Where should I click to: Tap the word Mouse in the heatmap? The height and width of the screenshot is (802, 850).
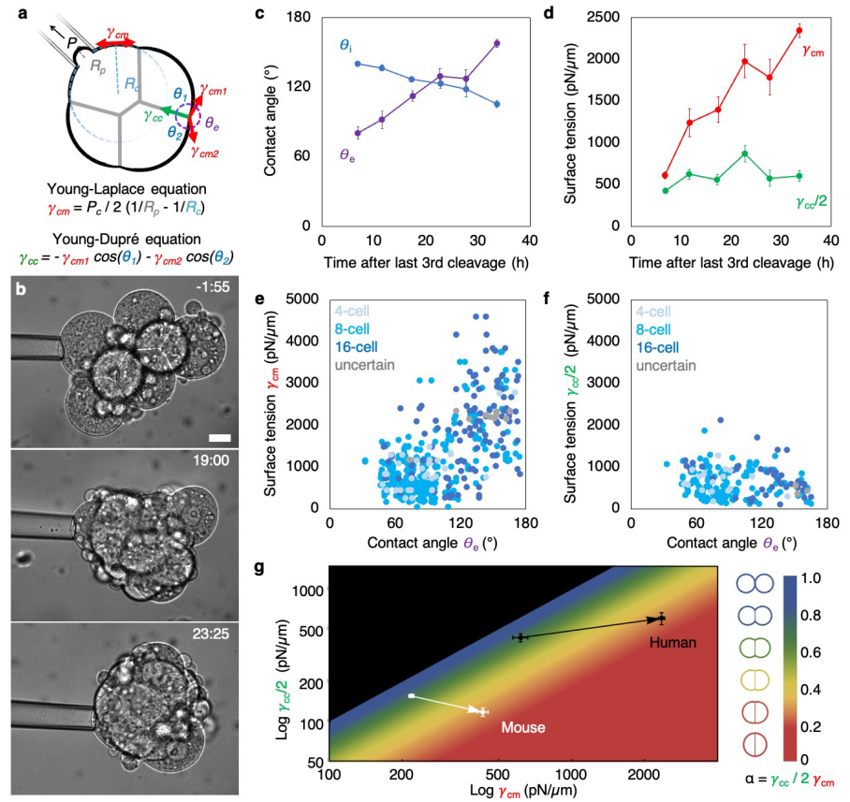pos(521,725)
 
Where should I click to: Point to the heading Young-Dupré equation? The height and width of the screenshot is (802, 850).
pos(138,239)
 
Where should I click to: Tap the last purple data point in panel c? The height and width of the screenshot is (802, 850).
pos(496,43)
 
